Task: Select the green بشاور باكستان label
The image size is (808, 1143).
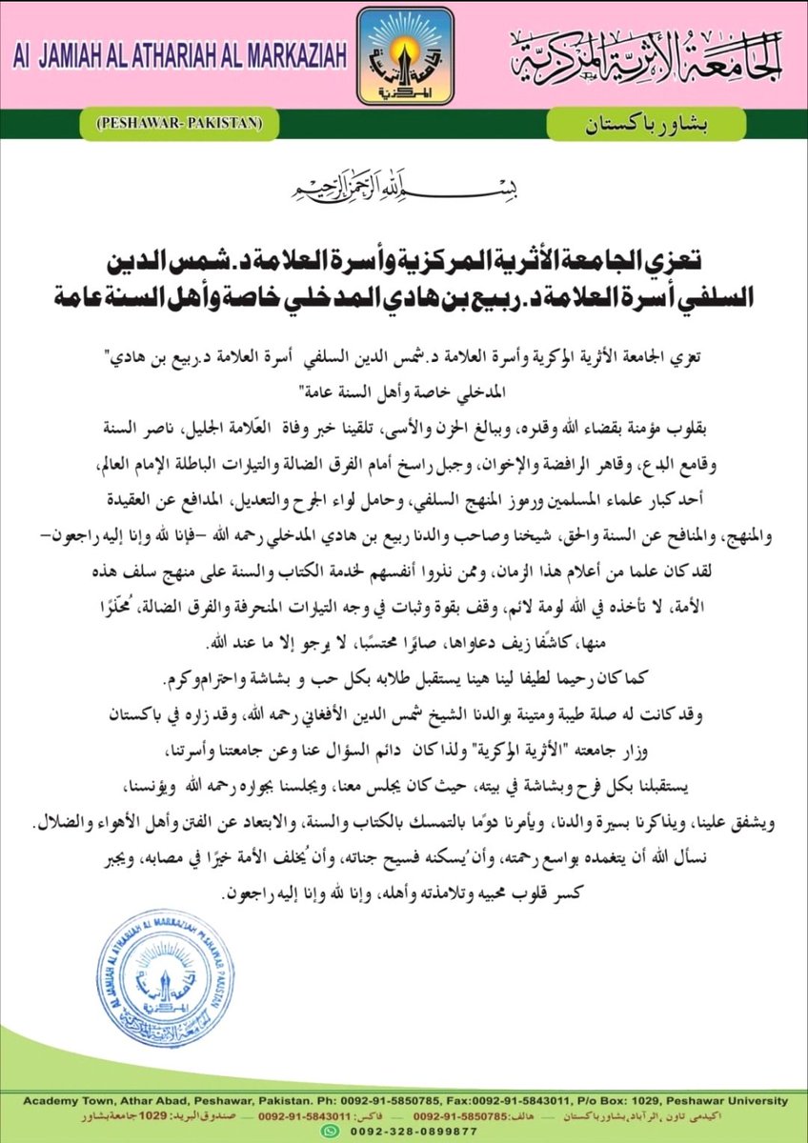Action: coord(627,123)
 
